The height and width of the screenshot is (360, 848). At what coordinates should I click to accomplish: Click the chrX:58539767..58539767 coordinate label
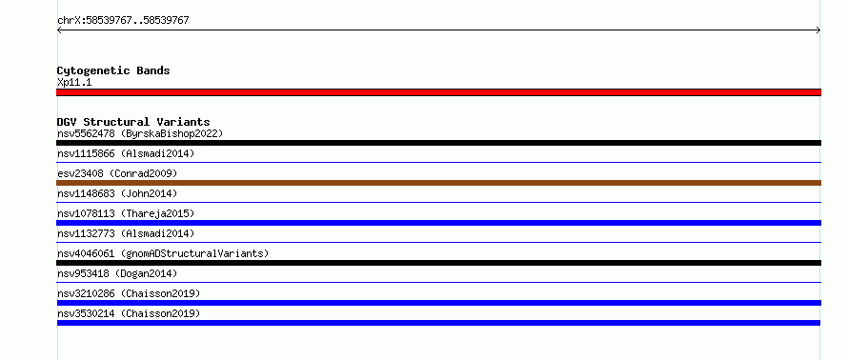(x=123, y=21)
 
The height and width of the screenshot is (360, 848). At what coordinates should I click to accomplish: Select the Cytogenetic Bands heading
(x=113, y=70)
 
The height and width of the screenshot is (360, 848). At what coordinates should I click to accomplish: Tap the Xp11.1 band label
(x=74, y=83)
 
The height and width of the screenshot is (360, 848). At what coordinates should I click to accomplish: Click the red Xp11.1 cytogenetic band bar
(x=438, y=92)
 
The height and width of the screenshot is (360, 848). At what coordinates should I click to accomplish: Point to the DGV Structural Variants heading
(x=133, y=122)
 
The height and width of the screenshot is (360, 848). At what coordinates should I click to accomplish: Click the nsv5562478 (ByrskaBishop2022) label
(x=140, y=133)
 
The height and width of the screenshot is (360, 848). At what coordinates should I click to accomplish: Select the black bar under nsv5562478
(x=438, y=143)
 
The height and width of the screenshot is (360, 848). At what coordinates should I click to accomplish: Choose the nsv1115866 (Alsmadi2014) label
(x=126, y=153)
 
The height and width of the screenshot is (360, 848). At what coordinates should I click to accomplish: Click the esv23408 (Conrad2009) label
(x=117, y=173)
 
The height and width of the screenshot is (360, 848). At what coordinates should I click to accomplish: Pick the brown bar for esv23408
(x=438, y=183)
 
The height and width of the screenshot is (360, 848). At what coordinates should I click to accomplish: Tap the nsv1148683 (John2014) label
(x=117, y=193)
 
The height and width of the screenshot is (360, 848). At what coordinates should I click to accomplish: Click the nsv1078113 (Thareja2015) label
(x=126, y=213)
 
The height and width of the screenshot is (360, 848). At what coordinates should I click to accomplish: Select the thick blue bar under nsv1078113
(x=438, y=223)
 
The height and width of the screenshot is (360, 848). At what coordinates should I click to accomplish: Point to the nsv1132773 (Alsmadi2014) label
(x=126, y=233)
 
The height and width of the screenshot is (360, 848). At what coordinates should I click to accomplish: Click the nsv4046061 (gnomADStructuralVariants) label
(x=163, y=253)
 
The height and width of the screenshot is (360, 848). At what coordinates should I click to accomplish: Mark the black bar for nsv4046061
(x=438, y=263)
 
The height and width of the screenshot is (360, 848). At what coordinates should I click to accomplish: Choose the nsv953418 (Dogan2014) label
(x=117, y=273)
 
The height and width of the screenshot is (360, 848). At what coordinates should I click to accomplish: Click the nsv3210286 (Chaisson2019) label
(x=129, y=293)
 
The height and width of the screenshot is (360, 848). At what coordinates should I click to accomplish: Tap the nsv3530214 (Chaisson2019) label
(x=129, y=313)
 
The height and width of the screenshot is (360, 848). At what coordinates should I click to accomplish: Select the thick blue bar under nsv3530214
(x=438, y=323)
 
